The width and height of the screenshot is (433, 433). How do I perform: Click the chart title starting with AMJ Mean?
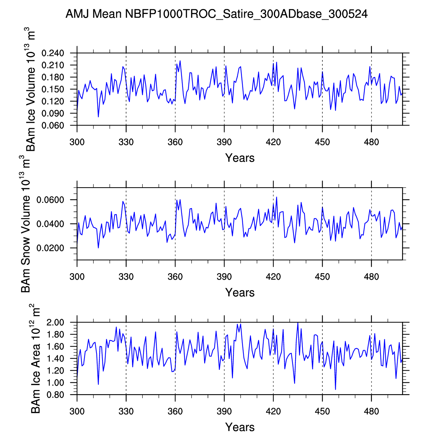point(216,14)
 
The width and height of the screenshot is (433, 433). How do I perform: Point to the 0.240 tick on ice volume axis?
point(53,53)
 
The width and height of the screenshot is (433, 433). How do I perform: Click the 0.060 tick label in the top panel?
point(53,125)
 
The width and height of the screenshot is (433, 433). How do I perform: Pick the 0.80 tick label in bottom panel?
point(56,395)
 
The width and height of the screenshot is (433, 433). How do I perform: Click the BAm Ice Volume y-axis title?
point(31,89)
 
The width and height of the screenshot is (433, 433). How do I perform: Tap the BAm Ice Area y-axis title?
point(36,358)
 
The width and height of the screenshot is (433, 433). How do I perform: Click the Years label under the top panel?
point(240,158)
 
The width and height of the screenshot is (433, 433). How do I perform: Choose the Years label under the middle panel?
point(240,293)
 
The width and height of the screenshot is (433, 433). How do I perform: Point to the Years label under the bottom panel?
point(240,427)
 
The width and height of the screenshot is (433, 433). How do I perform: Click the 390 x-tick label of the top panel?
point(224,142)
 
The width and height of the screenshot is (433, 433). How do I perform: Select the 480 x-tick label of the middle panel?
point(371,277)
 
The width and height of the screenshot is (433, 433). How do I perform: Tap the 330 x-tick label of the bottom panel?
point(126,412)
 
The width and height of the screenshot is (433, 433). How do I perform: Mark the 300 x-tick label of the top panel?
point(77,142)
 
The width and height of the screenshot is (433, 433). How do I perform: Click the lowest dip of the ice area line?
point(335,389)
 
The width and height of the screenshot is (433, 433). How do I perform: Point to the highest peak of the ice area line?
point(298,323)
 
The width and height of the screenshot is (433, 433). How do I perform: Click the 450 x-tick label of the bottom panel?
point(322,412)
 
